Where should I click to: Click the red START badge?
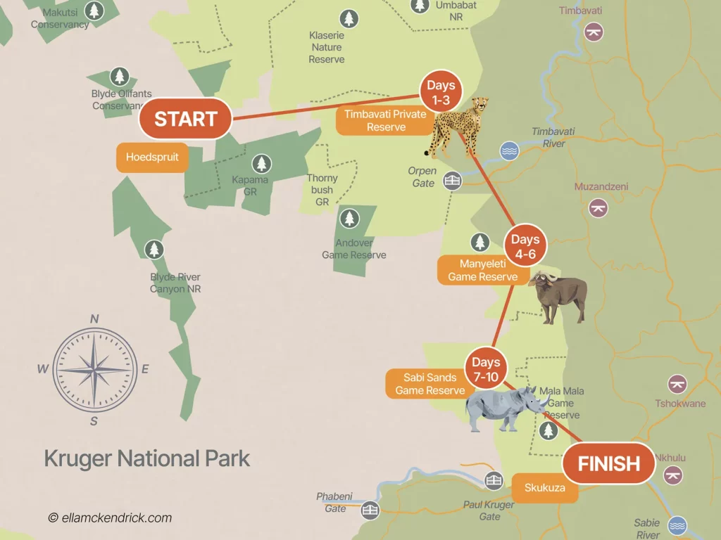coord(185,118)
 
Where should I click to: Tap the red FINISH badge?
coord(608,463)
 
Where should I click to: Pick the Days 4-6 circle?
coord(525,247)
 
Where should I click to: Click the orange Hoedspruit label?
coord(152,157)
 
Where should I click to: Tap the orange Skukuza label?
coord(544,488)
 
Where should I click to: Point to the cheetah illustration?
coord(458,127)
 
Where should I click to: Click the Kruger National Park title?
coord(147,458)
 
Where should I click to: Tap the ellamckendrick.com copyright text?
coord(110,517)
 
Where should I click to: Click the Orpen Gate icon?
coord(452,181)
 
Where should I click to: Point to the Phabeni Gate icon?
coord(370,510)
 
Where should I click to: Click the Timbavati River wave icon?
coord(509,150)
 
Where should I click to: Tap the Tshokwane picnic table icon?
coord(677,384)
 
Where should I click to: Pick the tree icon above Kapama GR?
coord(262,164)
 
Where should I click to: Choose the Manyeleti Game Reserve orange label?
coord(482,270)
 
